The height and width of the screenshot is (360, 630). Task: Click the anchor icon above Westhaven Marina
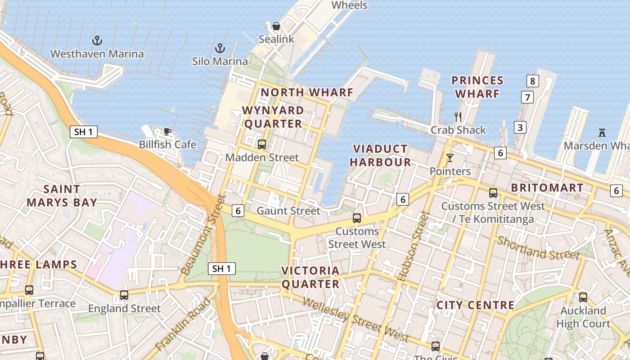pos(97,41)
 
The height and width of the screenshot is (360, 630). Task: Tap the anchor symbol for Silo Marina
pos(220,48)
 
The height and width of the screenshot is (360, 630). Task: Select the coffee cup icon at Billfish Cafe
pos(167,131)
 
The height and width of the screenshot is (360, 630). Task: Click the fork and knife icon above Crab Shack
pos(458,117)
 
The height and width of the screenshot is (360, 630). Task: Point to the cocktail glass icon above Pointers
pos(450,158)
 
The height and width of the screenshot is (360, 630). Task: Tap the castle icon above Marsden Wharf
pos(602,132)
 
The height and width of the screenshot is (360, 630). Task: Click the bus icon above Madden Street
pos(261,144)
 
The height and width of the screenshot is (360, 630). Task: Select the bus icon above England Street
pos(124,295)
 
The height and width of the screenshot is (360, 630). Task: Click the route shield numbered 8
pos(532,81)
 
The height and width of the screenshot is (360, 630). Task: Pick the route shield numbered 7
pos(527,97)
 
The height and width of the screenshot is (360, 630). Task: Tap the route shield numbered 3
pos(520,127)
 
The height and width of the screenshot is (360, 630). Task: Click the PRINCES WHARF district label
pos(477,87)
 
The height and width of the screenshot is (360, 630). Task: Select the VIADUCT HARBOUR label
pos(380,155)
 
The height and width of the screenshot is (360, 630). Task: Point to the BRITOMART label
pos(547,188)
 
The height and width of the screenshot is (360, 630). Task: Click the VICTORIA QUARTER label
pos(310,277)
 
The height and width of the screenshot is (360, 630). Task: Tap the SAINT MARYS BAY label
pos(62,196)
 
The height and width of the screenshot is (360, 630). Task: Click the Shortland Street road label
pos(538,248)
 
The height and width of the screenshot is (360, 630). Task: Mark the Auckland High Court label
pos(583,317)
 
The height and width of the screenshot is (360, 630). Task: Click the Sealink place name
pos(276,39)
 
